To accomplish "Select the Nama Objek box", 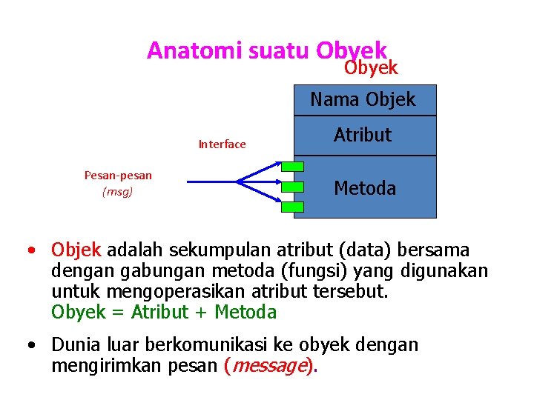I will tap(363, 99).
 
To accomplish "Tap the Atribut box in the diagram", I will tap(363, 135).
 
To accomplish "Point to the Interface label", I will tap(222, 144).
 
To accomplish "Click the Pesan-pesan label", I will tap(118, 176).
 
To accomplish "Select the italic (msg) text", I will tap(118, 192).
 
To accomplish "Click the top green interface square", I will tap(294, 167).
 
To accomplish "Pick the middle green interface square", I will tap(294, 187).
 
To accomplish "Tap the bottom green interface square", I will tap(294, 207).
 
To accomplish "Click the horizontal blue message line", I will tap(211, 181).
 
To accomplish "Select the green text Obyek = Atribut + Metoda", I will tap(164, 313).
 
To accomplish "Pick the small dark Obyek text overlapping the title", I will tap(371, 68).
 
